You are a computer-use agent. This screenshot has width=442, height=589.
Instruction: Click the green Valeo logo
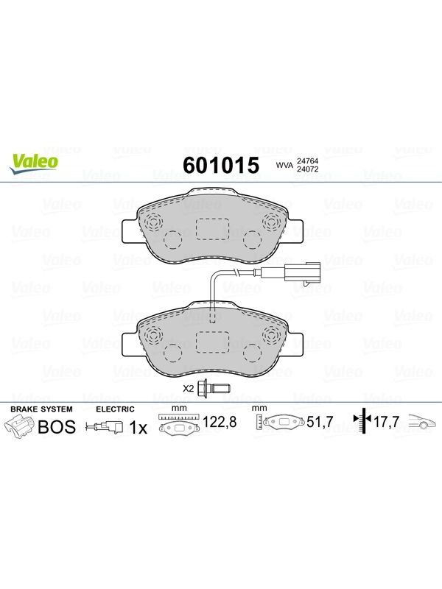click(x=35, y=164)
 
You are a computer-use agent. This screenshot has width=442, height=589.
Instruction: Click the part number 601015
click(x=221, y=165)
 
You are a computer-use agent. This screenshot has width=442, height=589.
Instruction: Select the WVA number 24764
click(x=307, y=161)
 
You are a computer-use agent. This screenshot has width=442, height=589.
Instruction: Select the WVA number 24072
click(x=307, y=169)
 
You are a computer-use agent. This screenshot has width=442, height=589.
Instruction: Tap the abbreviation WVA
click(x=284, y=165)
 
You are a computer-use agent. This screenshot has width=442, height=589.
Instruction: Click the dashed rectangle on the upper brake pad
click(x=212, y=229)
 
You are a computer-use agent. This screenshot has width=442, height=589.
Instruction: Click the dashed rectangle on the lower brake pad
click(x=212, y=342)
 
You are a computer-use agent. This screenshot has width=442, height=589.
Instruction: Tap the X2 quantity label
click(x=188, y=389)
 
